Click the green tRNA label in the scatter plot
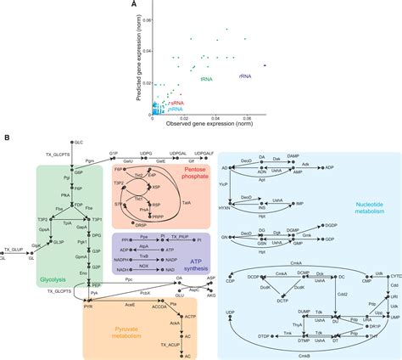pyautogui.click(x=206, y=78)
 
